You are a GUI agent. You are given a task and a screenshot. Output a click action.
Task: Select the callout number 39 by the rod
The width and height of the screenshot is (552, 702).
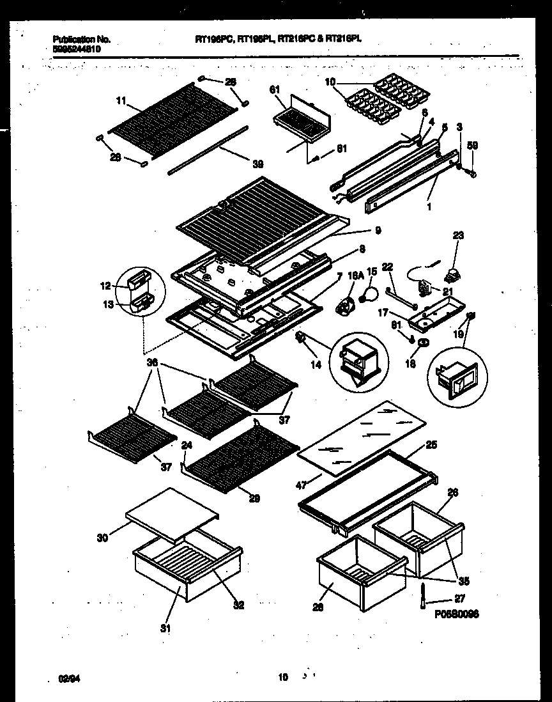(257, 164)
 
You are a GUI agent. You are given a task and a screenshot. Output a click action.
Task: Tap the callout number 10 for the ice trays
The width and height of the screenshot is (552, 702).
(330, 82)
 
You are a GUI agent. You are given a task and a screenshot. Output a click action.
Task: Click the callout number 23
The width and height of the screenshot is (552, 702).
(458, 235)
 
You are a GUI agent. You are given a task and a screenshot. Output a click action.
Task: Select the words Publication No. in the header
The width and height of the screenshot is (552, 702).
(76, 39)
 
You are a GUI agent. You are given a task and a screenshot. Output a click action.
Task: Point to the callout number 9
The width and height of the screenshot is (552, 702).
(378, 230)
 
